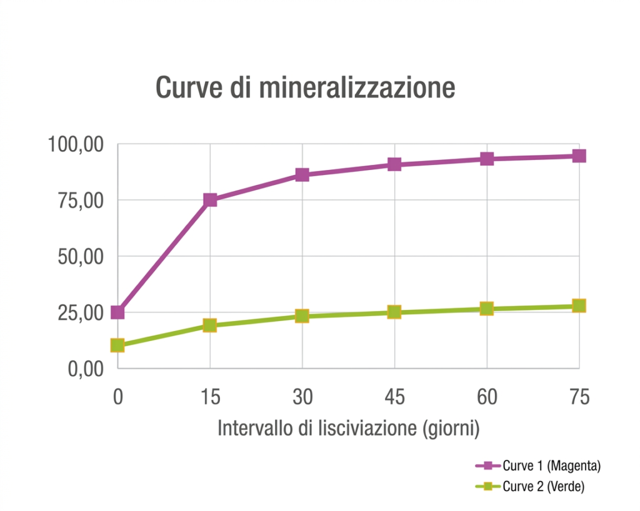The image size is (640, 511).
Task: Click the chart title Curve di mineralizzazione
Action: (305, 88)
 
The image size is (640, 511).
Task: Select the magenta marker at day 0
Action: (117, 312)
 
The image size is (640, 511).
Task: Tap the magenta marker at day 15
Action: (210, 200)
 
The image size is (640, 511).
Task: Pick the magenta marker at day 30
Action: (302, 174)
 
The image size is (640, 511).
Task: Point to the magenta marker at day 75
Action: (579, 156)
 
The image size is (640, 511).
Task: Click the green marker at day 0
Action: (117, 345)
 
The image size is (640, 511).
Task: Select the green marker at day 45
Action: (394, 312)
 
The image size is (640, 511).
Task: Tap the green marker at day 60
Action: (487, 309)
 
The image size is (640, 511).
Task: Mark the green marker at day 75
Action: (579, 305)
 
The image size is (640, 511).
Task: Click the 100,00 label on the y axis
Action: (74, 145)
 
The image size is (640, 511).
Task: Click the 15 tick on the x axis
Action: (210, 397)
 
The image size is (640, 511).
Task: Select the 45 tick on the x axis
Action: (394, 397)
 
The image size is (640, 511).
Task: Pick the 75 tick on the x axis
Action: (579, 397)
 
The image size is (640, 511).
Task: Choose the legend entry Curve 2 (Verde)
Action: (543, 487)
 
